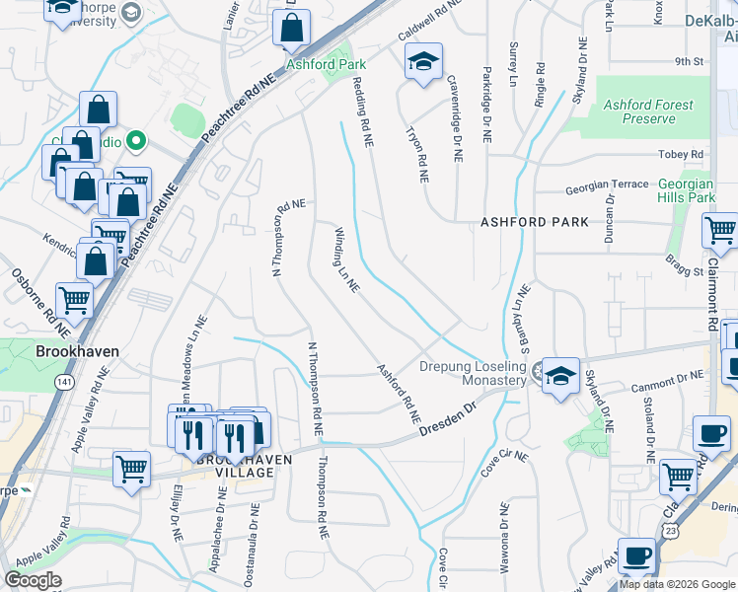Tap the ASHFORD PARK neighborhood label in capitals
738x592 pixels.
pos(534,222)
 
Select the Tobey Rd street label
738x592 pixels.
pos(682,155)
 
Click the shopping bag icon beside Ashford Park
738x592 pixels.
pos(292,30)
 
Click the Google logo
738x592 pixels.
pos(33,579)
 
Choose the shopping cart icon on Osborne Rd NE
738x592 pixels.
pos(75,298)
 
